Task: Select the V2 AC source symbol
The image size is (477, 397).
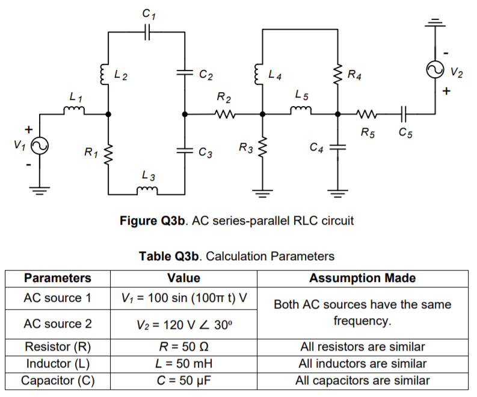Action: (434, 70)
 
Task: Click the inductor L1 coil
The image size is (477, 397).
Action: (74, 110)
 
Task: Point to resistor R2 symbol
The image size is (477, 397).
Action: (223, 113)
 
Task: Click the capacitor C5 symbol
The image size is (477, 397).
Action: (404, 113)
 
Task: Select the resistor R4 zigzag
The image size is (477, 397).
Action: (338, 74)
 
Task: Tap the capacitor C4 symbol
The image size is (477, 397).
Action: (338, 146)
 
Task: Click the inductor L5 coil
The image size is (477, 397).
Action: (301, 110)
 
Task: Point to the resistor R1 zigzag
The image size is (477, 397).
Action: (108, 154)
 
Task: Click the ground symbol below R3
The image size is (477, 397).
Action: (262, 193)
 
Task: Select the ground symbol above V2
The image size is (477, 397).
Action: (434, 22)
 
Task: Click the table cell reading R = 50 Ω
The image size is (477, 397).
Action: (183, 347)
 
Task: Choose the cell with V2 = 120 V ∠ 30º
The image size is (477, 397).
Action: (183, 324)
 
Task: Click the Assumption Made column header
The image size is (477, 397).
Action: (362, 278)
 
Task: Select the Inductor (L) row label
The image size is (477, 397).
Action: (58, 364)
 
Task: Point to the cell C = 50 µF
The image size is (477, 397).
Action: (183, 381)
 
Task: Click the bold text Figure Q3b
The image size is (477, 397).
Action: (153, 220)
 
